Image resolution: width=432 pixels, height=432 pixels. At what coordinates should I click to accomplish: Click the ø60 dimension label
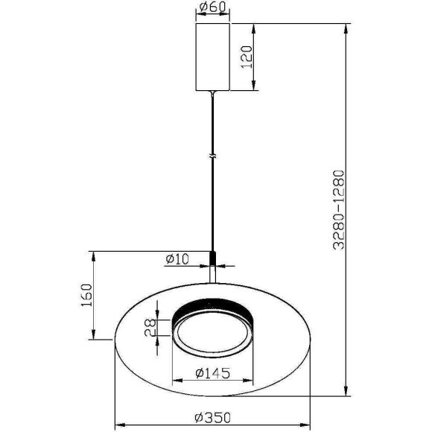point(212,7)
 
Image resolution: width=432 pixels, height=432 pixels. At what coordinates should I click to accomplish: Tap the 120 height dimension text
point(247,57)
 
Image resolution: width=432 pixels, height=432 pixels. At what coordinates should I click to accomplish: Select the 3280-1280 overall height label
point(339,210)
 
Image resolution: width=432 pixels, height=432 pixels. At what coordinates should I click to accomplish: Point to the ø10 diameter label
point(177,259)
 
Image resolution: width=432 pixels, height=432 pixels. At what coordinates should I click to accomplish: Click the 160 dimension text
point(86,296)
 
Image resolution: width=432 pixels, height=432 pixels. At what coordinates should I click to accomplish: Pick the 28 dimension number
point(150,328)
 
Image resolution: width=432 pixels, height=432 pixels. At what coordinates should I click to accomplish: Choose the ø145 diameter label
point(212,373)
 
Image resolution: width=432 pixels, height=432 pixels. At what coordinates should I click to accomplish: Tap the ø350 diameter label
point(212,418)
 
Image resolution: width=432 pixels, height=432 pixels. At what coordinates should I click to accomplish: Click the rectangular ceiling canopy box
point(212,57)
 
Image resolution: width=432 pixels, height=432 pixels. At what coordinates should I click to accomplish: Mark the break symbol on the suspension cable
point(212,156)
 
